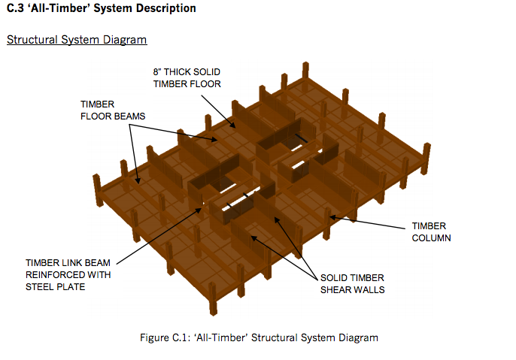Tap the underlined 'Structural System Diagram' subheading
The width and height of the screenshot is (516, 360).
click(x=77, y=39)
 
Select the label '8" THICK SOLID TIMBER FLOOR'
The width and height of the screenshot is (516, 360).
click(x=187, y=78)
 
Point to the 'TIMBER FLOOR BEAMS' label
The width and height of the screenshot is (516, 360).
click(x=113, y=110)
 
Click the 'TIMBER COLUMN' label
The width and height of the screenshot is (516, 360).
click(x=429, y=231)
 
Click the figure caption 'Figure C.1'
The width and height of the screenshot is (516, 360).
click(x=165, y=337)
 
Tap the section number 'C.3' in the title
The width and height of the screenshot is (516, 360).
click(x=14, y=9)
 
